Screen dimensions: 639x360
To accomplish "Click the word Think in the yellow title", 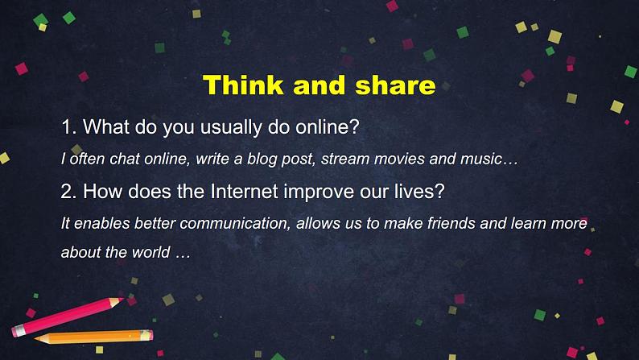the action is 243,85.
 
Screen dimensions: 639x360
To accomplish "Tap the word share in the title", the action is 395,85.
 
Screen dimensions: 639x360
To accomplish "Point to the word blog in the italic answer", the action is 263,159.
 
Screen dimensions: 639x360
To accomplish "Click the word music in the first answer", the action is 481,159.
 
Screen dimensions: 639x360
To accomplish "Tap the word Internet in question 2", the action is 244,191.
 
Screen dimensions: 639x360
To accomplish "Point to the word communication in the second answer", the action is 235,223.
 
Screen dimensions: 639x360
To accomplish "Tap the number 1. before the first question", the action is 69,126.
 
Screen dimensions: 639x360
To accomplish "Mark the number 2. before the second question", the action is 68,191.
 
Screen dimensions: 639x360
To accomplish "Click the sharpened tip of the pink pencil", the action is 122,300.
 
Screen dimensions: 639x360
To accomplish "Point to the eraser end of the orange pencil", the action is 146,336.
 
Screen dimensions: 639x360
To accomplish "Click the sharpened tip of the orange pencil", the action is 36,338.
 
